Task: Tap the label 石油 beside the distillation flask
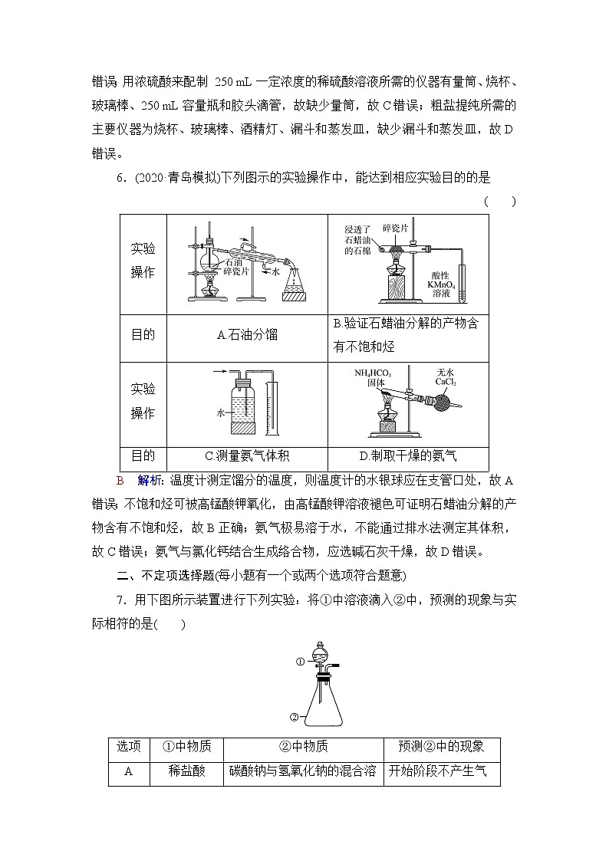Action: point(232,261)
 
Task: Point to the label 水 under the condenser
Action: point(275,271)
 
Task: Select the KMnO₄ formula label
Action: point(443,284)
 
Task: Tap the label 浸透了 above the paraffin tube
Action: point(358,229)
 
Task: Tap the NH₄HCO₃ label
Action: point(373,373)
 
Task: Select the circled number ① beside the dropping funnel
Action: point(301,660)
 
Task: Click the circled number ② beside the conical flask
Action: point(294,717)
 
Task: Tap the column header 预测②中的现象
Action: point(441,747)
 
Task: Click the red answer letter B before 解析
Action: point(120,481)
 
